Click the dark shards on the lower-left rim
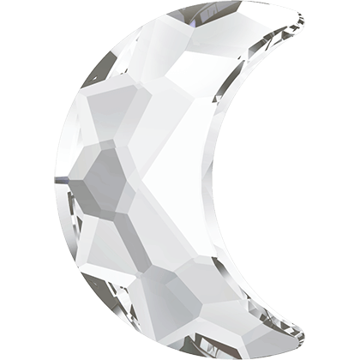click(x=86, y=257)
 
